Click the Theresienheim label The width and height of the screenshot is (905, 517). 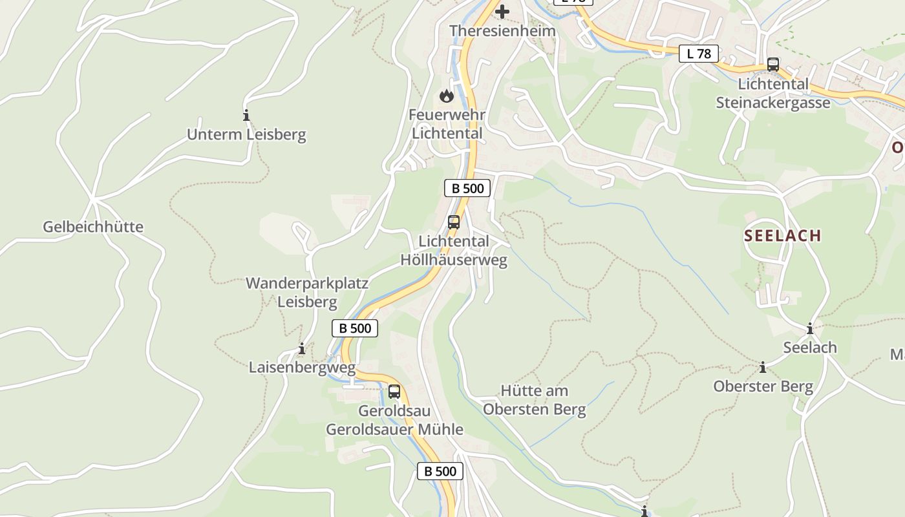[502, 31]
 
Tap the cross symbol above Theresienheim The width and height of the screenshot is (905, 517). [502, 12]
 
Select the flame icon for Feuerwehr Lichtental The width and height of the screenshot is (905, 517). [446, 96]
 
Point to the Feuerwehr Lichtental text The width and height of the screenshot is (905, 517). [447, 124]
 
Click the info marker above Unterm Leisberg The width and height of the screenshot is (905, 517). [246, 116]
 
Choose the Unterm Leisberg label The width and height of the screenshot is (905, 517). [246, 134]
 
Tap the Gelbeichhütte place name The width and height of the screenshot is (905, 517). [93, 227]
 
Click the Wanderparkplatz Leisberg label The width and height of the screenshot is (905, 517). [307, 292]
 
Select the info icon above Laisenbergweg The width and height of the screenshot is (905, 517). [301, 349]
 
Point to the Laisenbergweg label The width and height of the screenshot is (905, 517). [302, 368]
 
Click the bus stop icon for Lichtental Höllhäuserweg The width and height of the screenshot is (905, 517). [454, 222]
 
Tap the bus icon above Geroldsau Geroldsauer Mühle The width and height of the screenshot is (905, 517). [394, 392]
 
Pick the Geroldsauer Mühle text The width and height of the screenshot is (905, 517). [394, 429]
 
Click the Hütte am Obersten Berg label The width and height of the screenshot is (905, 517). [534, 400]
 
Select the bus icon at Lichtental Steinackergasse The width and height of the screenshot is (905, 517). [773, 65]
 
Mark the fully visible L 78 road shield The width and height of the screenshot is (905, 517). [699, 54]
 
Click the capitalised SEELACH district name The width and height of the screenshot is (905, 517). [782, 236]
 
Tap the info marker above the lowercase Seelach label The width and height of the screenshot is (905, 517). [810, 328]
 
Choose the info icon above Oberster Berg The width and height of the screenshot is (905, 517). [763, 368]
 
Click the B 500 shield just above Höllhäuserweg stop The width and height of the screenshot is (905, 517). [467, 189]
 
